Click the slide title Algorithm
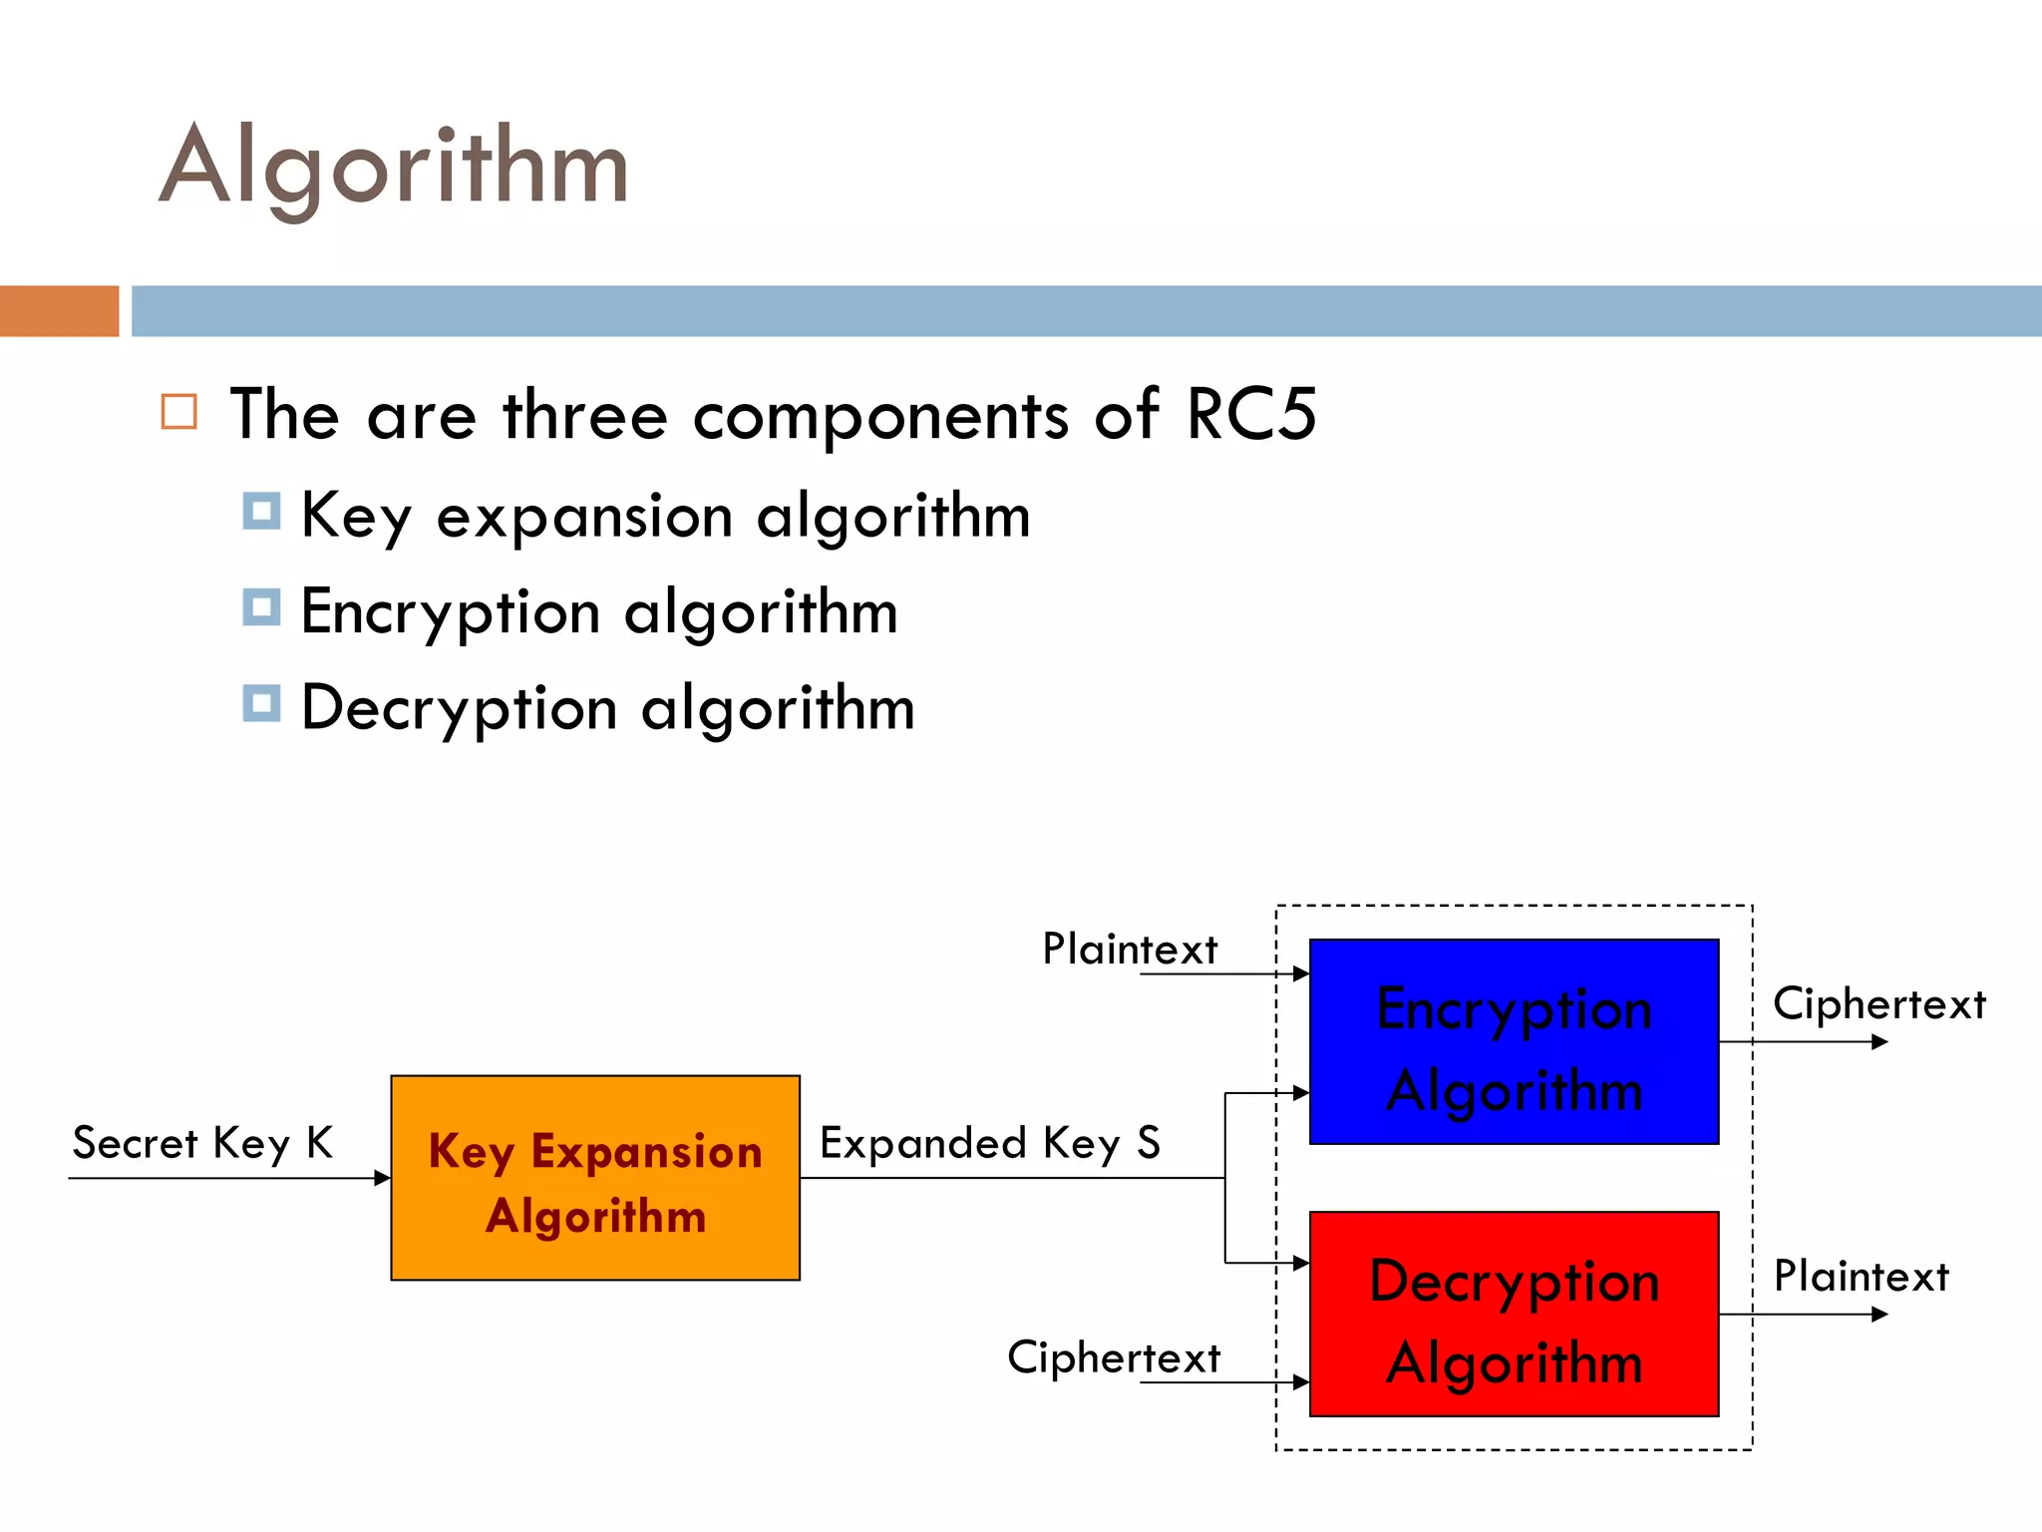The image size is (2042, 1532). pos(394,168)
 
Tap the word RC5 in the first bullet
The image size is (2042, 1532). pos(1251,414)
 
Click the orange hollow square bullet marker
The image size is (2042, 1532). pos(179,411)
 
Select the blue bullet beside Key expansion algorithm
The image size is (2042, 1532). pos(261,511)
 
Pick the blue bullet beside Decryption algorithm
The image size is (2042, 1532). pos(261,703)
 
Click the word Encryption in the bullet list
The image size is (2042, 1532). pos(451,612)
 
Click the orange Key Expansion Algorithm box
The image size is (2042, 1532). pos(595,1178)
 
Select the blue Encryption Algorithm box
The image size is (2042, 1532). pos(1514,1041)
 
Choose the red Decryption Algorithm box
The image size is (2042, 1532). pos(1514,1315)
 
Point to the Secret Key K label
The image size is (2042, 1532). pos(202,1143)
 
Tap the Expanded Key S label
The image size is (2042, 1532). pos(990,1143)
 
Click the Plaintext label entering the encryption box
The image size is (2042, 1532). pos(1130,949)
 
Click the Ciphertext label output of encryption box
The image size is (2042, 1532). pos(1879,1003)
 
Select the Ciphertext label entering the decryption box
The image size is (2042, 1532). pos(1114,1357)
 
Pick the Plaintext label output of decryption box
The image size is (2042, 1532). pos(1862,1277)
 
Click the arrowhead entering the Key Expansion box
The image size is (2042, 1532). pos(382,1178)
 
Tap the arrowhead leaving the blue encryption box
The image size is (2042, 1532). pos(1879,1042)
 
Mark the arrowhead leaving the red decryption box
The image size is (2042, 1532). pos(1879,1315)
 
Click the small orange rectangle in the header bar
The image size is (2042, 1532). pos(59,311)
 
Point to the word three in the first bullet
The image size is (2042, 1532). pos(585,415)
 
